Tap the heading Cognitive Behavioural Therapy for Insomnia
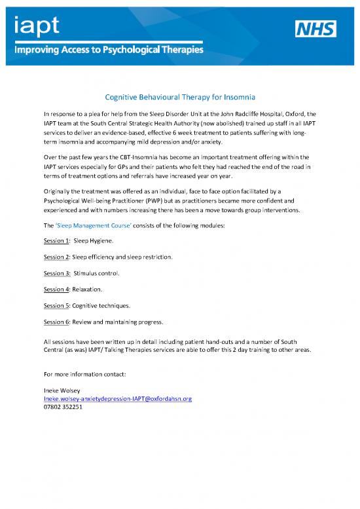pyautogui.click(x=179, y=98)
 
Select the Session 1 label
pyautogui.click(x=56, y=241)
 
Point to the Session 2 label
pyautogui.click(x=56, y=257)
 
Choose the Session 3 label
pyautogui.click(x=56, y=273)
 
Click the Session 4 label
pyautogui.click(x=56, y=290)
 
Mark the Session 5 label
pyautogui.click(x=56, y=305)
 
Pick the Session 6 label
pyautogui.click(x=56, y=322)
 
